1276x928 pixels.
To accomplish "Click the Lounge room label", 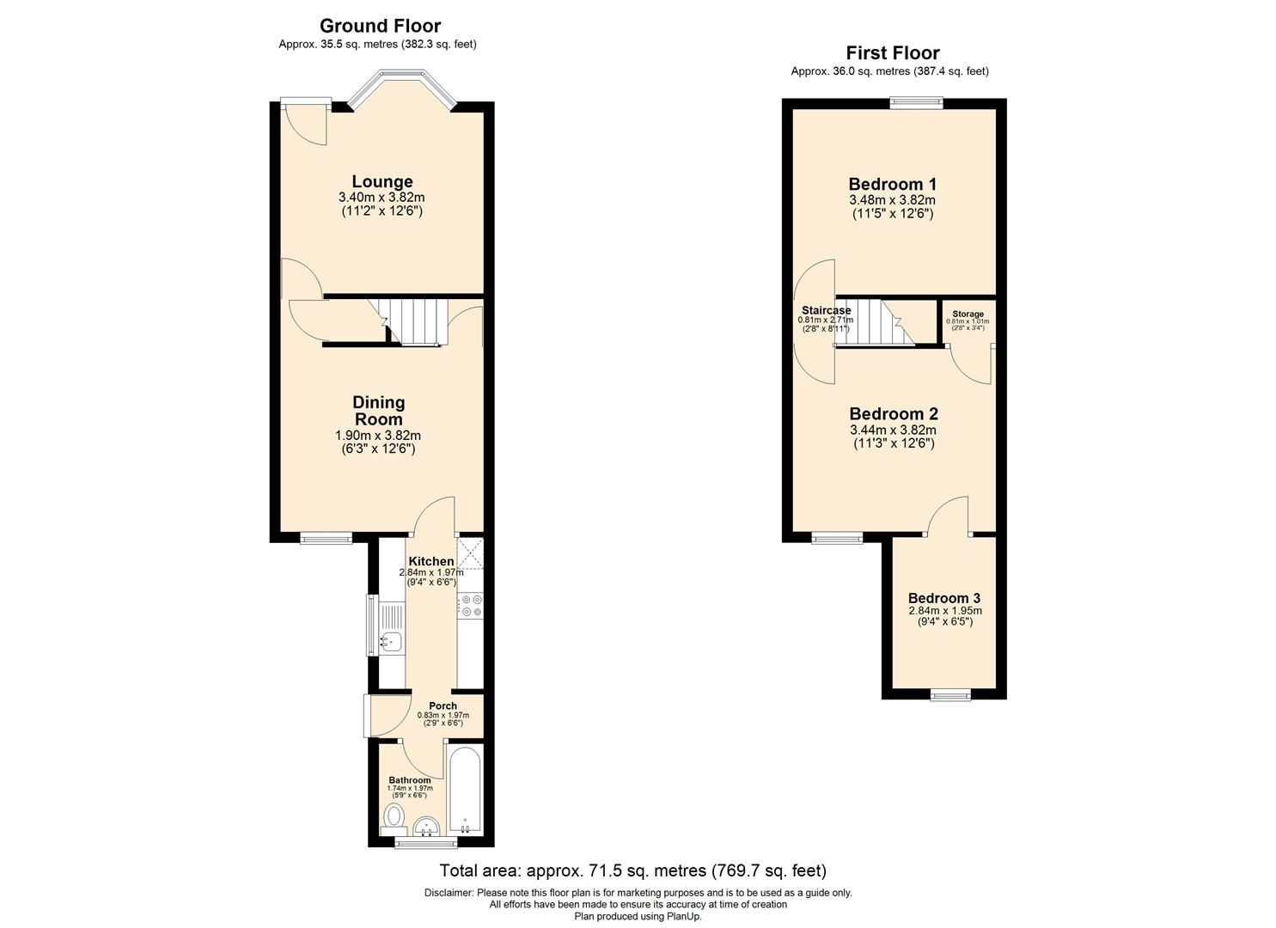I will (x=382, y=181).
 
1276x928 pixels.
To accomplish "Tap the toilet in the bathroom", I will (x=394, y=815).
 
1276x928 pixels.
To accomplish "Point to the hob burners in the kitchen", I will (x=470, y=606).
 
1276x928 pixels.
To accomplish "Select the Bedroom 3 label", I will (x=944, y=598).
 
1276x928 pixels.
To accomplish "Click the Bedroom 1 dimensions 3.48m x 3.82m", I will (x=893, y=200).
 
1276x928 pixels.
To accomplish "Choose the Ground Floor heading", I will (x=380, y=26).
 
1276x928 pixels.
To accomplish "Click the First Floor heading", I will (x=892, y=52).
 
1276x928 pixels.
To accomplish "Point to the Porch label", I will (x=443, y=706).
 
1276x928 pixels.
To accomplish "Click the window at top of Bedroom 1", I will (x=916, y=102).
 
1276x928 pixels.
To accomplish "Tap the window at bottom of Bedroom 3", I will (x=949, y=693).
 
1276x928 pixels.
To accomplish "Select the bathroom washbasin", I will (x=425, y=827).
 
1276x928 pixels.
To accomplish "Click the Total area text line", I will (x=632, y=870).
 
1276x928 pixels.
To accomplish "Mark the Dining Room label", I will (x=379, y=411).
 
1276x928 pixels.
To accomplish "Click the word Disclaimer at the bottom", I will (x=449, y=893).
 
